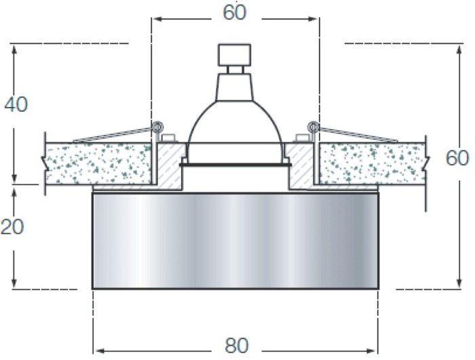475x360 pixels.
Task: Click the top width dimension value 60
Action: pos(235,13)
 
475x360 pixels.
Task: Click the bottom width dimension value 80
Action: pos(237,346)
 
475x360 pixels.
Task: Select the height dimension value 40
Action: pos(16,104)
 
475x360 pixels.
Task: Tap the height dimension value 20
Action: pos(12,226)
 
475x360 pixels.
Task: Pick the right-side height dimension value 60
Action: pos(457,158)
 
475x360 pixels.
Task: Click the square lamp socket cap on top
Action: pos(235,55)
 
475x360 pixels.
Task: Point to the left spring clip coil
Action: pos(157,126)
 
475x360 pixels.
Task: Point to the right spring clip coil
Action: pos(313,126)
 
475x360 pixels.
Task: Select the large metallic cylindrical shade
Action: pos(235,241)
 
